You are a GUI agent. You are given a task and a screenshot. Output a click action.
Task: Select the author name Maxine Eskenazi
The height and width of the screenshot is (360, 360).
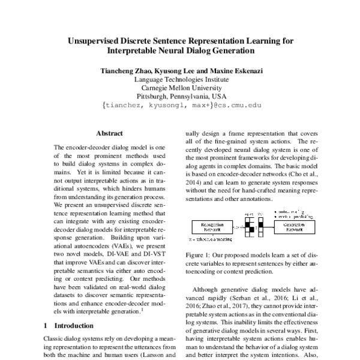pos(229,70)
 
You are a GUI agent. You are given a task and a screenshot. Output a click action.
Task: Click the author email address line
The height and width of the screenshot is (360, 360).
pos(179,104)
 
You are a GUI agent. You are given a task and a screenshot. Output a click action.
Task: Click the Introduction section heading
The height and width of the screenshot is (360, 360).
pos(72,326)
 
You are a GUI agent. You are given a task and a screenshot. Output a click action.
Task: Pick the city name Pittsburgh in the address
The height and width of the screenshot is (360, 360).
pos(155,95)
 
